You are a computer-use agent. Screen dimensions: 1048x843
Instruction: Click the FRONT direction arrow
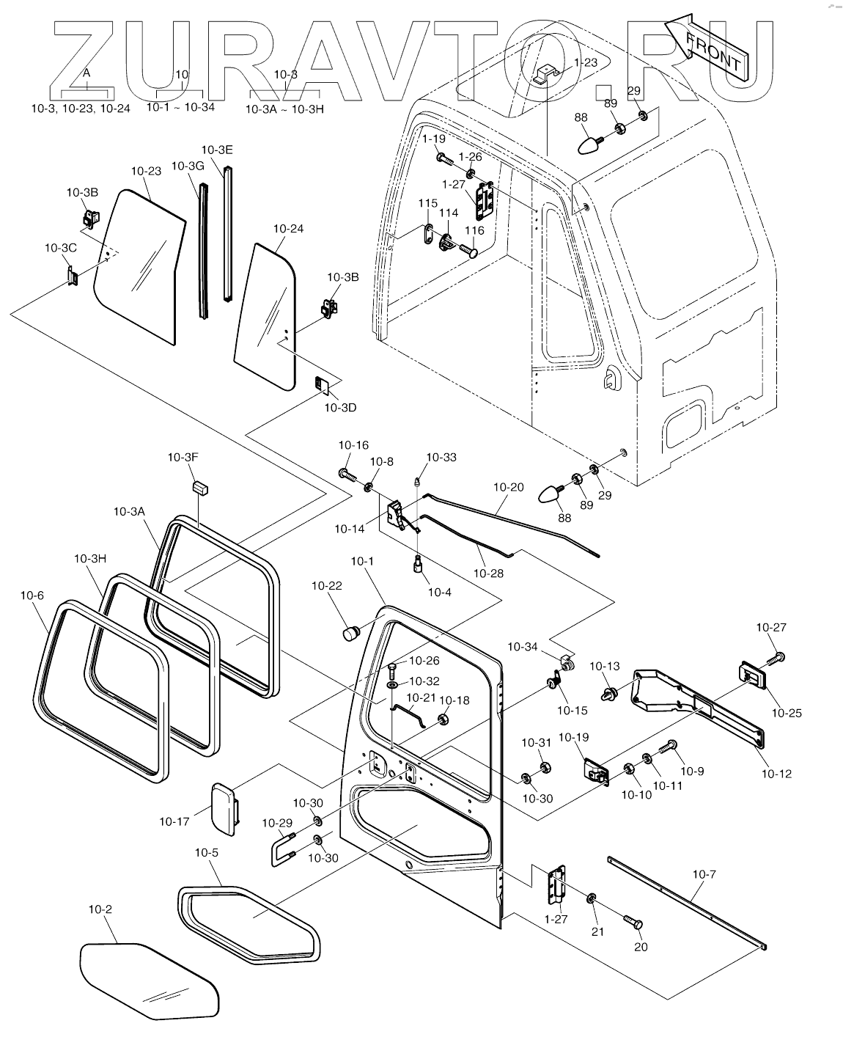tap(708, 45)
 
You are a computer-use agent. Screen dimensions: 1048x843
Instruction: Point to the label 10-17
tap(174, 821)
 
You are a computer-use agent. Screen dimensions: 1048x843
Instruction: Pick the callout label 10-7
tap(703, 873)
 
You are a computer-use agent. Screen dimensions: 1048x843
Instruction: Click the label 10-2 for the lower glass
tap(100, 909)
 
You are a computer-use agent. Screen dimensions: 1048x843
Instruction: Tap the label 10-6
tap(32, 596)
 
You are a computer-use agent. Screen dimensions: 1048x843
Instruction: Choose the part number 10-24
tap(288, 229)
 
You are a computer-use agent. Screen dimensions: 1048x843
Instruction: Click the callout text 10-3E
tap(216, 150)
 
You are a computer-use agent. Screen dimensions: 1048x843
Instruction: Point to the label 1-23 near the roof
tap(585, 62)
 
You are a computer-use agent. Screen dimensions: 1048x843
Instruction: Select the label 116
tap(474, 230)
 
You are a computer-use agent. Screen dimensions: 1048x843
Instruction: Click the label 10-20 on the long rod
tap(509, 486)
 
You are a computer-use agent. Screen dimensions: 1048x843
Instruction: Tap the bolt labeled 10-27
tap(779, 655)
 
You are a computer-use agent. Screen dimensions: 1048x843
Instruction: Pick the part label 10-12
tap(776, 773)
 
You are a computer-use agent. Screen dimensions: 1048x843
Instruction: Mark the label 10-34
tap(523, 646)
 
